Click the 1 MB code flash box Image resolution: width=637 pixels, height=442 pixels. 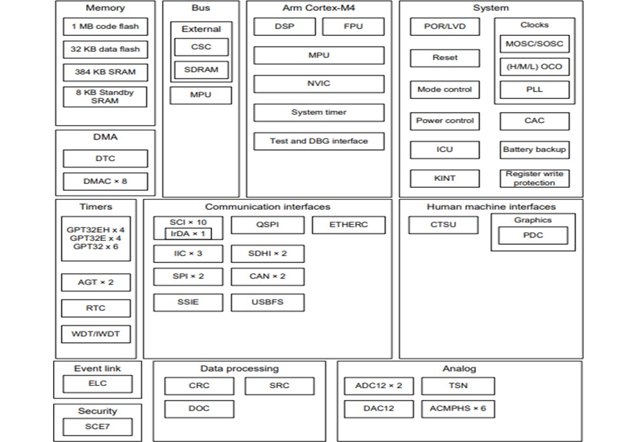tap(105, 27)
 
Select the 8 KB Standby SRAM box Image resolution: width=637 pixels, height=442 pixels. tap(105, 97)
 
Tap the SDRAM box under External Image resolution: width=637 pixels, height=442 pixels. tap(201, 70)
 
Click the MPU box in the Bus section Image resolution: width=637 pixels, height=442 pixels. tap(201, 95)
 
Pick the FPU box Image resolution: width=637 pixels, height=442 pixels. tap(353, 27)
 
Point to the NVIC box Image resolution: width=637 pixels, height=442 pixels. tap(318, 84)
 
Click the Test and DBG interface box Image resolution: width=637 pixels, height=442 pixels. tap(318, 141)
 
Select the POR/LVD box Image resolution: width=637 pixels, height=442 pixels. tap(445, 27)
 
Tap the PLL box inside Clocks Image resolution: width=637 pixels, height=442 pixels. tap(534, 90)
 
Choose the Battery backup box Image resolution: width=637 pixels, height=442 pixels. tap(534, 150)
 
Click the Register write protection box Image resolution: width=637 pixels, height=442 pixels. tap(534, 179)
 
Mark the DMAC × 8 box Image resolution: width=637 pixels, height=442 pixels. tap(105, 182)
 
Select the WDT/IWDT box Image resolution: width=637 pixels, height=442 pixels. tap(96, 334)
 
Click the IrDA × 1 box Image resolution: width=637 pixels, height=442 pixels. tap(188, 233)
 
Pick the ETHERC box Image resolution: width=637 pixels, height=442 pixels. tap(349, 225)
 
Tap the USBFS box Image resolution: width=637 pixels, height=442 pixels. tap(268, 302)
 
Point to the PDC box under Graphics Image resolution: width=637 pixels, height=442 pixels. tap(533, 236)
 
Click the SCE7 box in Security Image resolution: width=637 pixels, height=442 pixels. tap(97, 427)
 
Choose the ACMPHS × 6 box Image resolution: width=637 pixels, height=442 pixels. tap(458, 408)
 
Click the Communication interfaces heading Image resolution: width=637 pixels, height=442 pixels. tap(268, 207)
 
